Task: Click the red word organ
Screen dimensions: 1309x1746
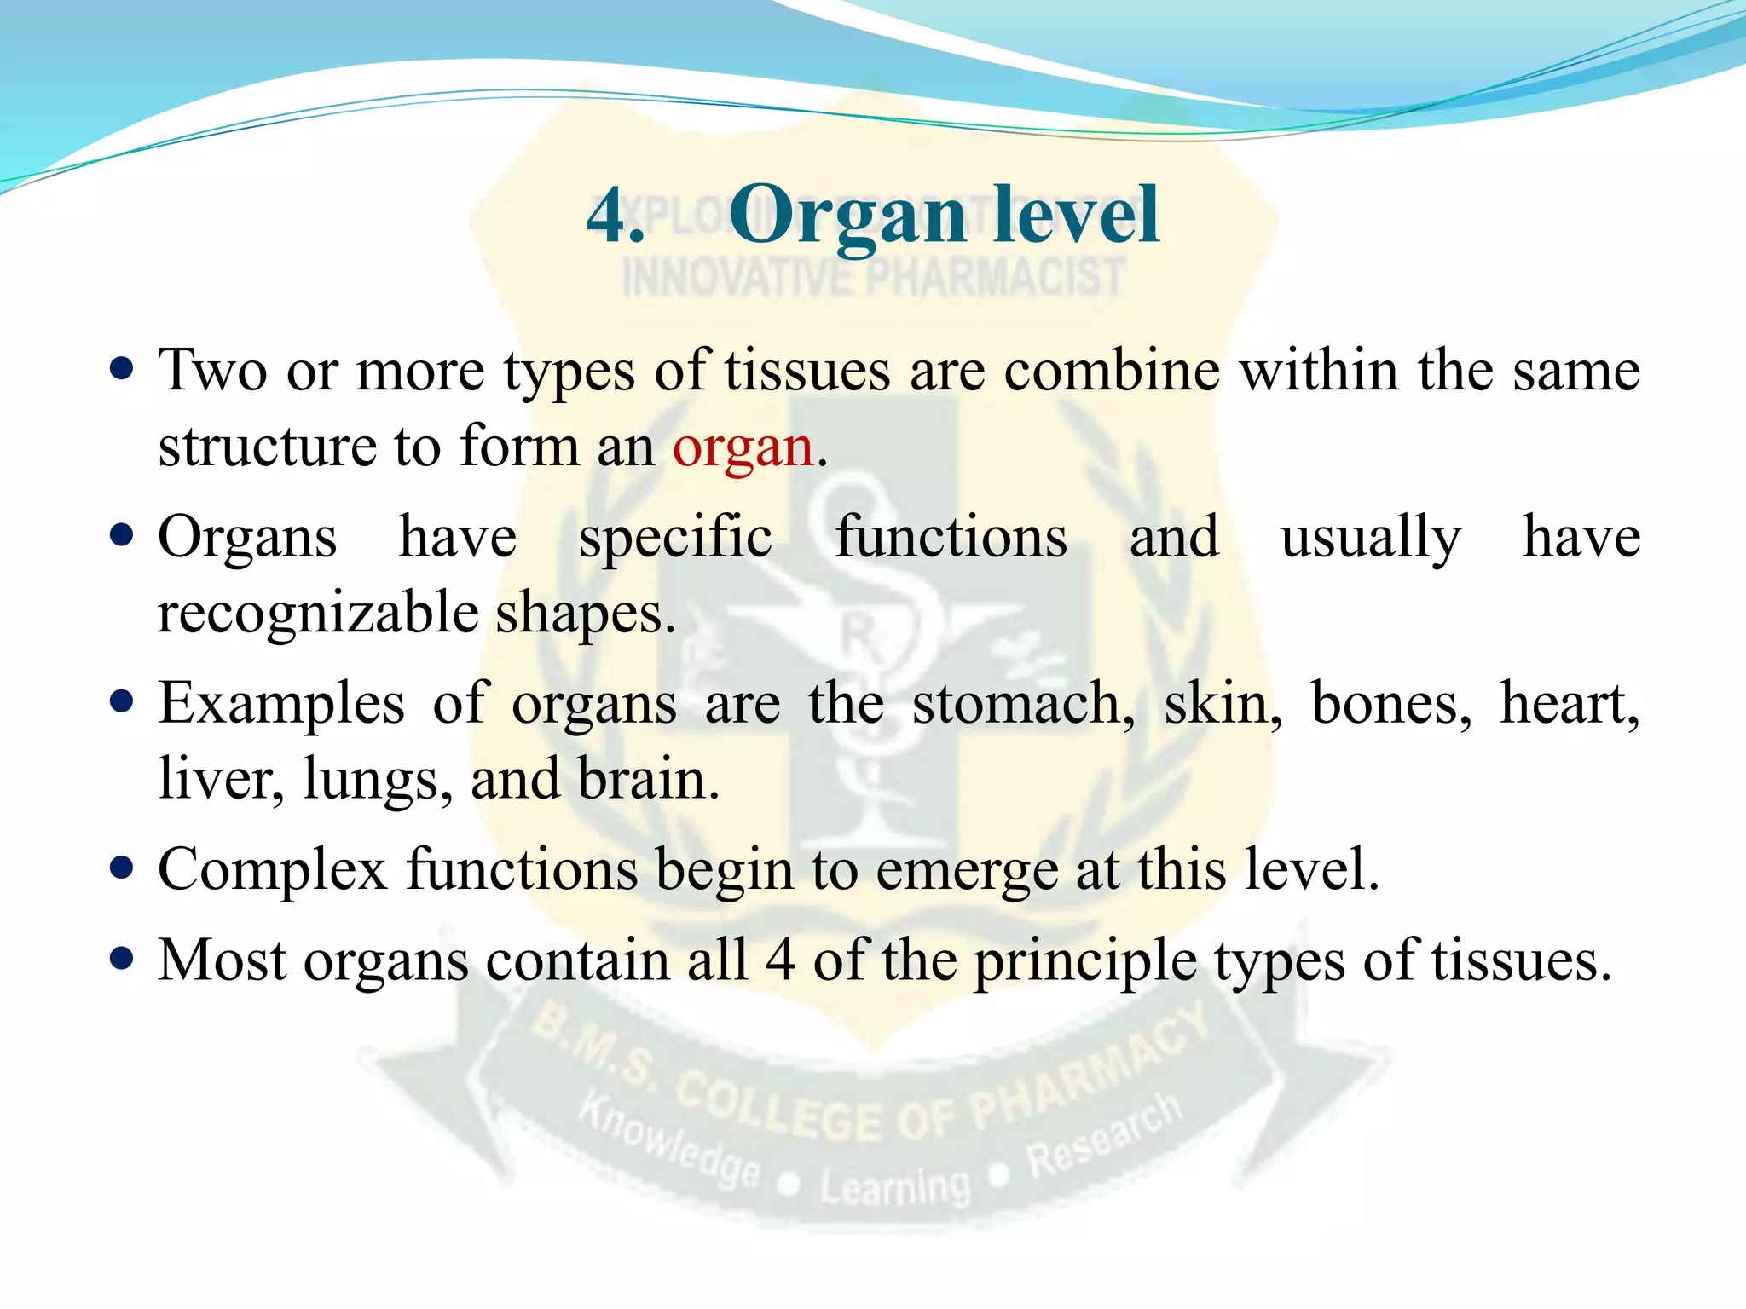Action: (x=743, y=447)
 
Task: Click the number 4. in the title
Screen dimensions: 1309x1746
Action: (x=615, y=216)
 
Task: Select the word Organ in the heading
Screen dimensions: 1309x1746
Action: (x=847, y=216)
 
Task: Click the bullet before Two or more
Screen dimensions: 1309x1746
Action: (x=123, y=370)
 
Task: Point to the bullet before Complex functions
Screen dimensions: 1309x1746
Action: (x=123, y=868)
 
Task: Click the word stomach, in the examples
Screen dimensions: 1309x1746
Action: (x=1023, y=704)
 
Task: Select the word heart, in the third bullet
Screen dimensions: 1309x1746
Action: (x=1570, y=704)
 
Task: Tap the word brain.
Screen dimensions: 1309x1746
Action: (x=648, y=779)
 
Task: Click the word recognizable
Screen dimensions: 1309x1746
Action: (x=318, y=614)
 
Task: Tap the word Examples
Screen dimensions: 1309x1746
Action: (x=281, y=704)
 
